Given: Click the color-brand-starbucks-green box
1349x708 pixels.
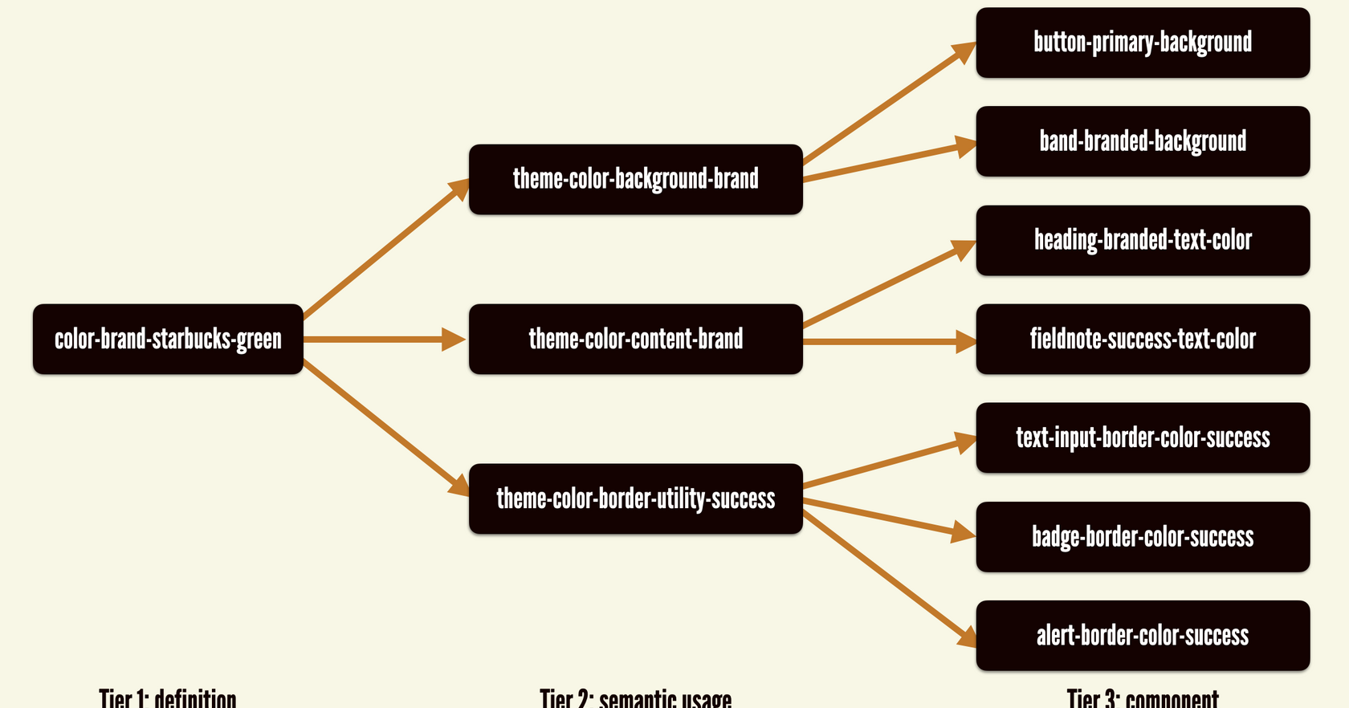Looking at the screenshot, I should [x=168, y=339].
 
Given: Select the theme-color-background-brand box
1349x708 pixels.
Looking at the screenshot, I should [x=635, y=179].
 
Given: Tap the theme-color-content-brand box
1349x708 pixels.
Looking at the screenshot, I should [x=635, y=339].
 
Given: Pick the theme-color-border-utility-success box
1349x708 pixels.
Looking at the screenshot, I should [x=635, y=498].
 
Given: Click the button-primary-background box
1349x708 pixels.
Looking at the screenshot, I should [x=1143, y=43].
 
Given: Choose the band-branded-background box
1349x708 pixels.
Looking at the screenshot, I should [x=1143, y=141].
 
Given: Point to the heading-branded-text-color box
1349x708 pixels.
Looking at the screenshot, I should [x=1143, y=240].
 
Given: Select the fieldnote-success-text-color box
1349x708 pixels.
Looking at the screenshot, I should [x=1143, y=339].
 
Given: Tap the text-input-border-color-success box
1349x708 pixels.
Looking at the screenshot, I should [x=1143, y=437].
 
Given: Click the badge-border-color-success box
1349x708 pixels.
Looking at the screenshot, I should [x=1143, y=536].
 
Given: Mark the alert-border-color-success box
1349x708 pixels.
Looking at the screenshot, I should [x=1143, y=635].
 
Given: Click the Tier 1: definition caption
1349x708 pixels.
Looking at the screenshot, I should [x=168, y=698].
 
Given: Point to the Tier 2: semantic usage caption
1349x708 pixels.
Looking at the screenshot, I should [x=635, y=698].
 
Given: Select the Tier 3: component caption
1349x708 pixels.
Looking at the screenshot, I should [x=1143, y=698].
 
